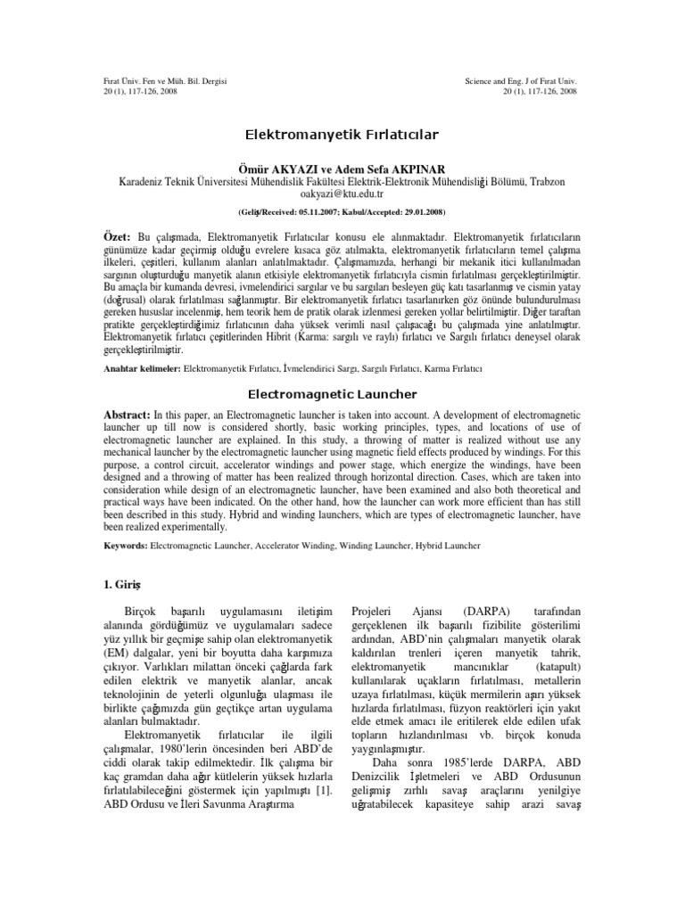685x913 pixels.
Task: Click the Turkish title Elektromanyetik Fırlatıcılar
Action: pyautogui.click(x=342, y=135)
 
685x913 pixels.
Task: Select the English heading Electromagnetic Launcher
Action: pyautogui.click(x=342, y=393)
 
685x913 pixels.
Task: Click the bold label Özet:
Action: pyautogui.click(x=118, y=240)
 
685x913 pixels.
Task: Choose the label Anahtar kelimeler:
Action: pyautogui.click(x=142, y=367)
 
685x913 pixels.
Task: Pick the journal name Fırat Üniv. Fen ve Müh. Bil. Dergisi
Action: pyautogui.click(x=166, y=81)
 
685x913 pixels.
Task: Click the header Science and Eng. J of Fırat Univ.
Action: pyautogui.click(x=521, y=81)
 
